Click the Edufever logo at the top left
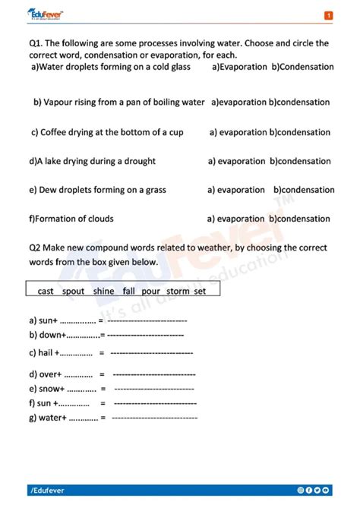[x=46, y=14]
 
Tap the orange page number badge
[x=328, y=15]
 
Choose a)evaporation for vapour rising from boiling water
[x=239, y=102]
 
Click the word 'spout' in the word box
[x=74, y=291]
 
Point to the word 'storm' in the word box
[x=178, y=291]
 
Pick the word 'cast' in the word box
[x=46, y=291]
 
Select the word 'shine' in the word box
[x=103, y=291]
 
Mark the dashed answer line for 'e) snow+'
[x=153, y=389]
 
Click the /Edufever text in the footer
[x=49, y=491]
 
